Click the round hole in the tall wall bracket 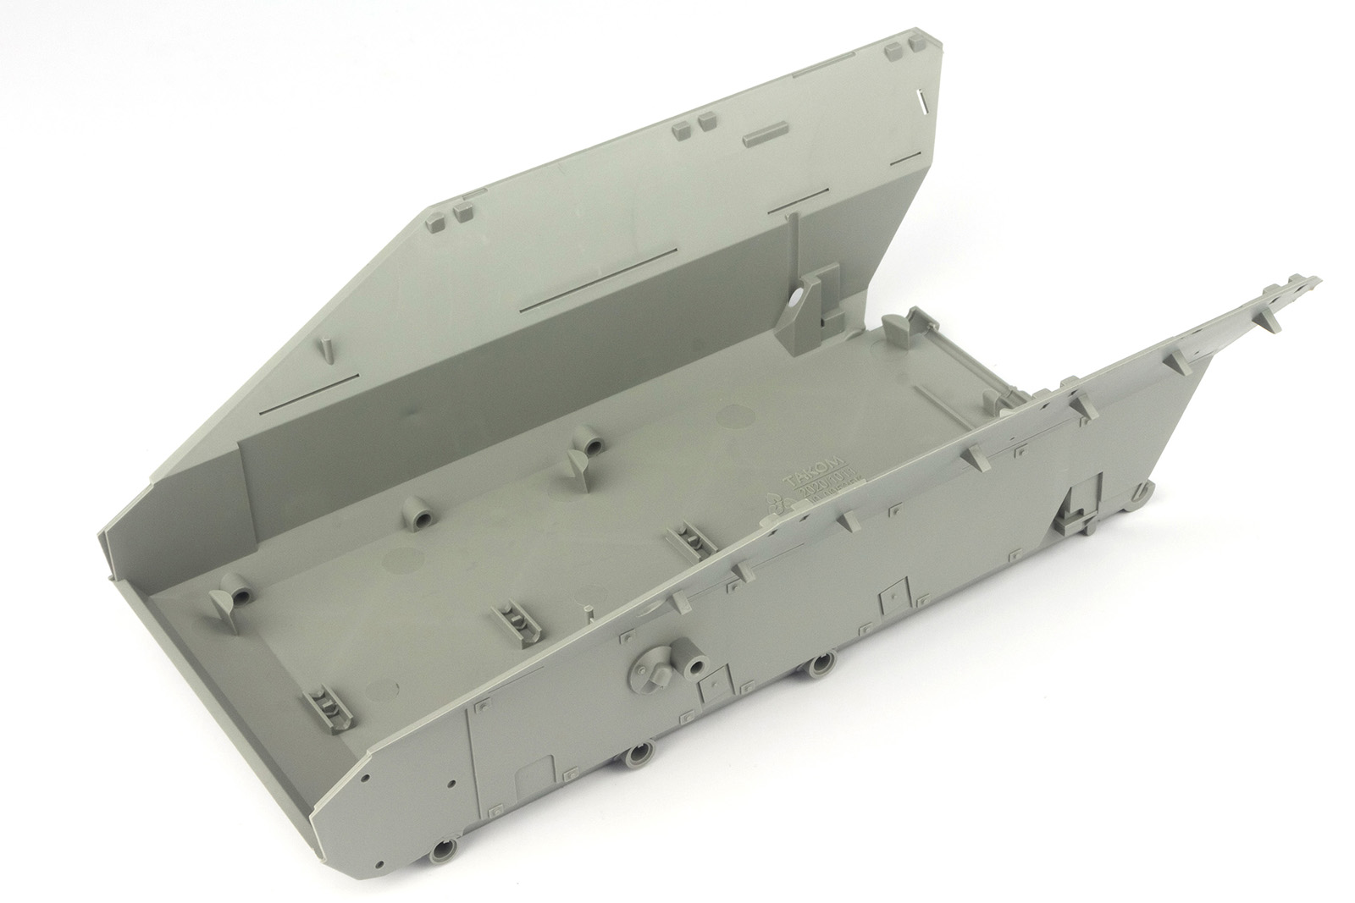point(799,299)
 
